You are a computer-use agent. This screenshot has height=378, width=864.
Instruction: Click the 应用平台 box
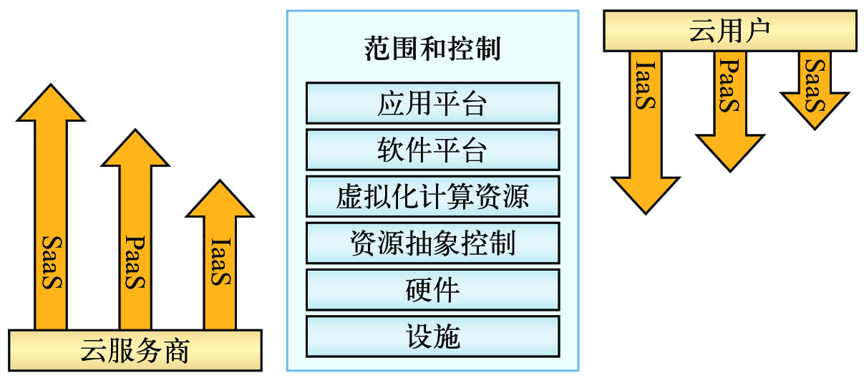tap(432, 103)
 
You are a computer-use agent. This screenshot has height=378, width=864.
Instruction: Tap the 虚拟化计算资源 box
tap(432, 196)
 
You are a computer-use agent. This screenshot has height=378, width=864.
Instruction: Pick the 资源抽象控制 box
tap(432, 243)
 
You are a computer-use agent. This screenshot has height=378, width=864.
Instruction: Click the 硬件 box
tap(432, 289)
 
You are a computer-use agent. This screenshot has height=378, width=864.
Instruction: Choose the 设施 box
tap(432, 336)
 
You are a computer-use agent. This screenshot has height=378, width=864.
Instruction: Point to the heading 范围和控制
tap(432, 50)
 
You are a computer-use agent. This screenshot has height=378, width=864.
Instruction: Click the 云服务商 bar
tap(135, 351)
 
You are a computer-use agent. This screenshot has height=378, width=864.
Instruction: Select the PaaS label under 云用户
tap(729, 85)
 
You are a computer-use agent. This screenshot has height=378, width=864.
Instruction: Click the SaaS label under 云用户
tap(814, 86)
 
